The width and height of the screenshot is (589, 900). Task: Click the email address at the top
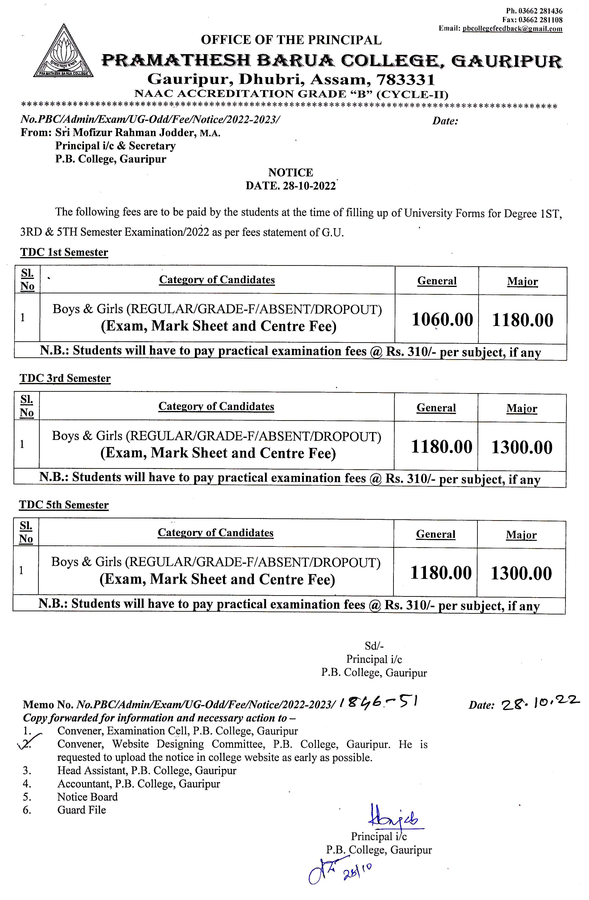(x=512, y=29)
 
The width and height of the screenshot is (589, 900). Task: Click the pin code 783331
(x=405, y=79)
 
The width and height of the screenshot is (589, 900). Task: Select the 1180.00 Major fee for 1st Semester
(x=522, y=319)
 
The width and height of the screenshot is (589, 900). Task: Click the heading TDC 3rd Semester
(x=65, y=378)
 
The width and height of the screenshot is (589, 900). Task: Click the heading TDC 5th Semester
(x=64, y=505)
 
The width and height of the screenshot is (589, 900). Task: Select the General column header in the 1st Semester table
(x=437, y=281)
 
